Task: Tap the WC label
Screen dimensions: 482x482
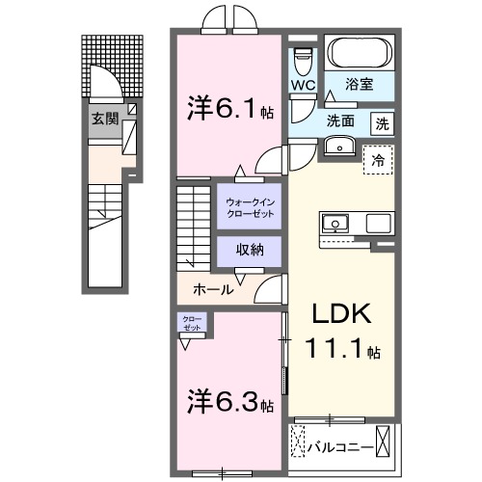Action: pyautogui.click(x=304, y=84)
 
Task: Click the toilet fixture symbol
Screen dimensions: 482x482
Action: pyautogui.click(x=304, y=59)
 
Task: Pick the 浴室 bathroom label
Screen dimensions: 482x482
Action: pyautogui.click(x=361, y=85)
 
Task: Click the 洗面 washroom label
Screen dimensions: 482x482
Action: pyautogui.click(x=338, y=121)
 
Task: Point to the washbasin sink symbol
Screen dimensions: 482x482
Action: pyautogui.click(x=337, y=147)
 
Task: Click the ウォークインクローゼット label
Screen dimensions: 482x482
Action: pyautogui.click(x=249, y=206)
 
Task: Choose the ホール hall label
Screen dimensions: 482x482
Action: pyautogui.click(x=211, y=288)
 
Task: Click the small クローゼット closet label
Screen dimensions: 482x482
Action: pyautogui.click(x=190, y=323)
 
